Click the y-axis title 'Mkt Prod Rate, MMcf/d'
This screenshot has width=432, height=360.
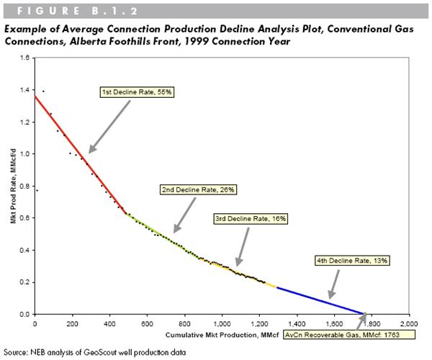[12, 186]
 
